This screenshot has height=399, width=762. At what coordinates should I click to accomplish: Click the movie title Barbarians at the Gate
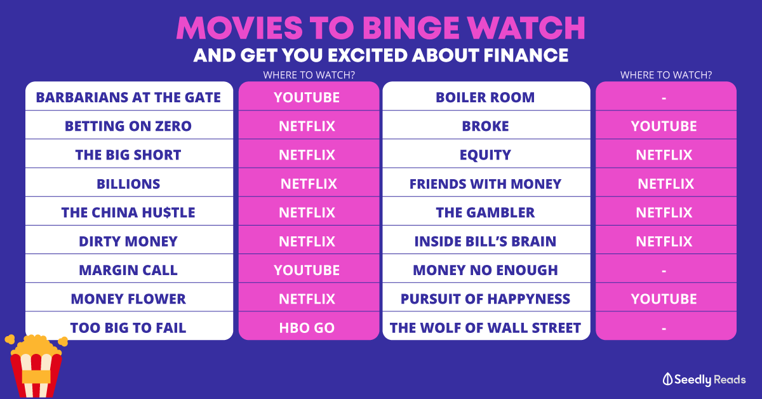tap(128, 97)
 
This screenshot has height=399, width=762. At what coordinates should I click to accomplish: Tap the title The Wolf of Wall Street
tap(485, 328)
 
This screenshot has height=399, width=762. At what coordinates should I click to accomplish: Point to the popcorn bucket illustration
tap(36, 367)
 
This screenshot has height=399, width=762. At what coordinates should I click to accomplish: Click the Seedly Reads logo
tap(704, 379)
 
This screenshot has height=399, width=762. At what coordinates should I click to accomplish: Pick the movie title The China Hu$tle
tap(128, 213)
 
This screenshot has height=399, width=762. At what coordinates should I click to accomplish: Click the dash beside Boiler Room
tap(664, 98)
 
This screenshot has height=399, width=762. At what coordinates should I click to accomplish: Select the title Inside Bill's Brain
tap(485, 241)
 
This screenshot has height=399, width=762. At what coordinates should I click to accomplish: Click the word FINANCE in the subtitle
tap(526, 55)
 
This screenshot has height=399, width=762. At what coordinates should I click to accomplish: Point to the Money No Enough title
tap(485, 270)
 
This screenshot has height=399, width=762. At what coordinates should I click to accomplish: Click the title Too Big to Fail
tap(128, 328)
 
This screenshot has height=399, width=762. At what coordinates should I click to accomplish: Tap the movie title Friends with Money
tap(485, 184)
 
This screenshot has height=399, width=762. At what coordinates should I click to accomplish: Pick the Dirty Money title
tap(128, 241)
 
